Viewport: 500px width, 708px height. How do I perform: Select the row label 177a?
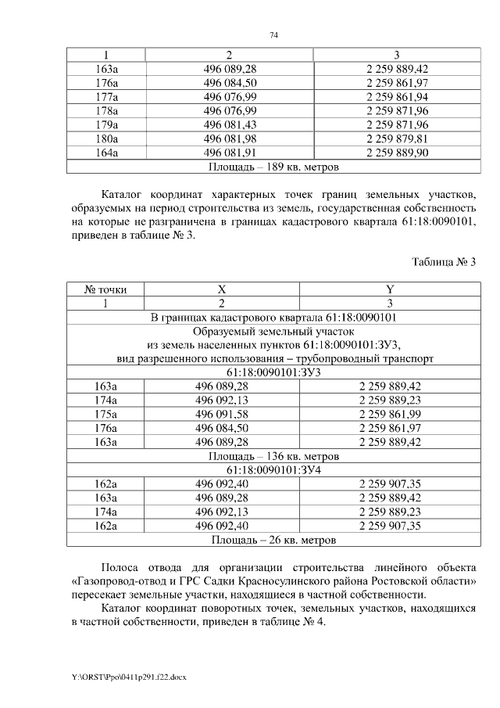pyautogui.click(x=105, y=96)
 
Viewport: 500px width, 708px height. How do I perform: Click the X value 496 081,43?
pyautogui.click(x=230, y=124)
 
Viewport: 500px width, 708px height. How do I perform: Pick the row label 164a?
pyautogui.click(x=105, y=153)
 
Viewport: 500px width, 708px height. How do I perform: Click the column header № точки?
pyautogui.click(x=105, y=289)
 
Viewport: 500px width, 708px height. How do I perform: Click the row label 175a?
pyautogui.click(x=105, y=414)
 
